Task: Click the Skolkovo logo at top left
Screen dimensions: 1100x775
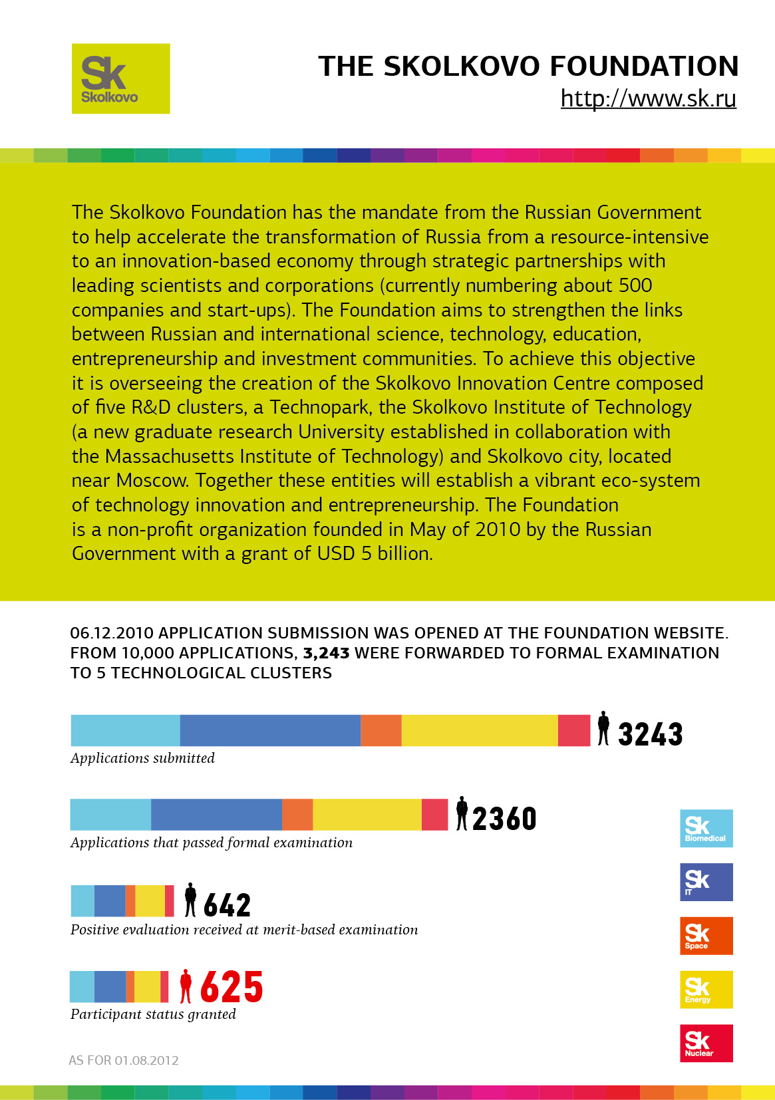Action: [120, 78]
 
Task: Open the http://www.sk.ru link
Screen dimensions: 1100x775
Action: [648, 98]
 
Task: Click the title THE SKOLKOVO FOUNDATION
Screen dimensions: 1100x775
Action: [528, 67]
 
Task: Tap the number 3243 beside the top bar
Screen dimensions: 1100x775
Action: [650, 734]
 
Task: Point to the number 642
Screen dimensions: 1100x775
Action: [227, 905]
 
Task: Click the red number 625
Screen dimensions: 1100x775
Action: [231, 987]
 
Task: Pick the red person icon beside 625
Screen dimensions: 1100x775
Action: [186, 986]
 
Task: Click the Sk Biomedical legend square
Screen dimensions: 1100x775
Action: [706, 828]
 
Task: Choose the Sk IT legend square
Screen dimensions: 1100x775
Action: [706, 882]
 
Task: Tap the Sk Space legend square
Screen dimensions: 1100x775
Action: [706, 936]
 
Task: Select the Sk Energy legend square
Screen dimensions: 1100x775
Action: [706, 990]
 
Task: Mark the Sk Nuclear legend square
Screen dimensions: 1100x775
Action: [706, 1043]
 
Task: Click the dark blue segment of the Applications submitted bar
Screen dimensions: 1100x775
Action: [270, 730]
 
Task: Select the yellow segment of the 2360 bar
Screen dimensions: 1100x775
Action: [367, 815]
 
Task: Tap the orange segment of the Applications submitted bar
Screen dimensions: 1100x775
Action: [381, 730]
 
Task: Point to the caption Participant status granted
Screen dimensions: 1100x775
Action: [153, 1014]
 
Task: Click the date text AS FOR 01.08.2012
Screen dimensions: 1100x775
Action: [124, 1060]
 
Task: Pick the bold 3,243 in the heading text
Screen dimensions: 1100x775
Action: [326, 653]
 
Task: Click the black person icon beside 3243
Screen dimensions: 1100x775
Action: [603, 728]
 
